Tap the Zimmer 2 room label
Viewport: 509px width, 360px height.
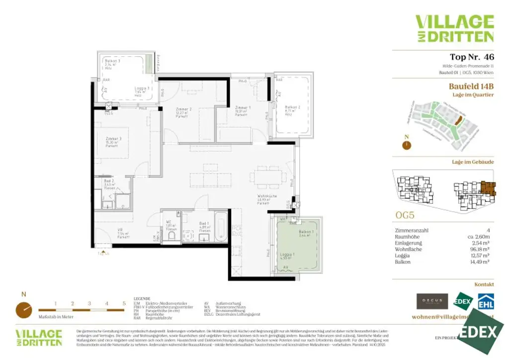(183, 109)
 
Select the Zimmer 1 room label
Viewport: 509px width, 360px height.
(242, 108)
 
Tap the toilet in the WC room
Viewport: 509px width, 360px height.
(171, 235)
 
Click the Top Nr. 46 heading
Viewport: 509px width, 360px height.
(471, 57)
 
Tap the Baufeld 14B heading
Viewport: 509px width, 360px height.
(471, 86)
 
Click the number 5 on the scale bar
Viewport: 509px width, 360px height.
(123, 303)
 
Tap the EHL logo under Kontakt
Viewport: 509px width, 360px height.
(485, 302)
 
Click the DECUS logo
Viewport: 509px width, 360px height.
(432, 301)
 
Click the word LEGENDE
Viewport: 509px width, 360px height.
(142, 299)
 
